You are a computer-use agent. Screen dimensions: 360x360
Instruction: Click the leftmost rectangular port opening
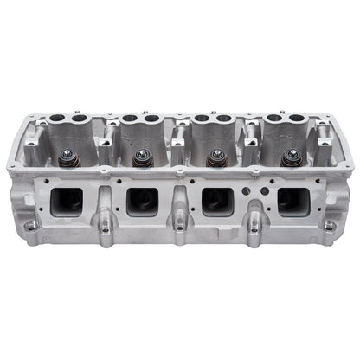(x=66, y=202)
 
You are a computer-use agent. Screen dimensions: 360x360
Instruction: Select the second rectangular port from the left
(x=141, y=202)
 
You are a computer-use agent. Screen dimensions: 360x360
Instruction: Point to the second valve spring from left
(x=141, y=158)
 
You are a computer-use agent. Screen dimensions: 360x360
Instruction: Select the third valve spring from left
(x=216, y=158)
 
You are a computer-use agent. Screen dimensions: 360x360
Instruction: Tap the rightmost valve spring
(x=292, y=157)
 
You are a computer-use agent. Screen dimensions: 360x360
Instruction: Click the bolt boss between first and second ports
(x=104, y=227)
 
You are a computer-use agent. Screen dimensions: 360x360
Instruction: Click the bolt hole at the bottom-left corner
(x=31, y=227)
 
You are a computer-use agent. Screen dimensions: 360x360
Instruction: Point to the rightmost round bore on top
(x=299, y=118)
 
